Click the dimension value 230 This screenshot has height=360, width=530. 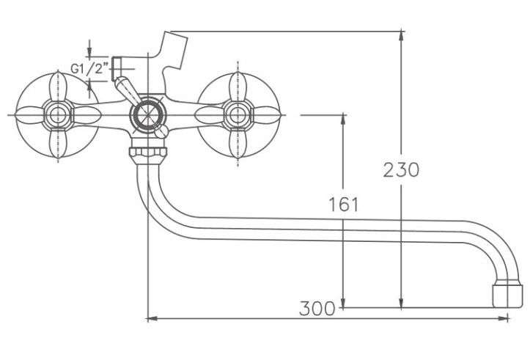pyautogui.click(x=401, y=169)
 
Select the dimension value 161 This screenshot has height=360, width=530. pyautogui.click(x=343, y=205)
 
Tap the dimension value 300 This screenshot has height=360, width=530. pyautogui.click(x=317, y=308)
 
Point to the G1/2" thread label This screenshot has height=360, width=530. pyautogui.click(x=89, y=69)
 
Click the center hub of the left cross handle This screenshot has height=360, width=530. pyautogui.click(x=57, y=115)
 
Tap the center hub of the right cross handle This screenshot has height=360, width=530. pyautogui.click(x=238, y=115)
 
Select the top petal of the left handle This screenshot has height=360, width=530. pyautogui.click(x=58, y=87)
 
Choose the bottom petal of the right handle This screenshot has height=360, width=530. pyautogui.click(x=238, y=143)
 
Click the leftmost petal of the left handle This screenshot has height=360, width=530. pyautogui.click(x=30, y=115)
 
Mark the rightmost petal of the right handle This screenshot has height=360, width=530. pyautogui.click(x=266, y=115)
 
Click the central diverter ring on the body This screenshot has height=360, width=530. pyautogui.click(x=148, y=115)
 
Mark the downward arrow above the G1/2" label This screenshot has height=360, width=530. pyautogui.click(x=89, y=48)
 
